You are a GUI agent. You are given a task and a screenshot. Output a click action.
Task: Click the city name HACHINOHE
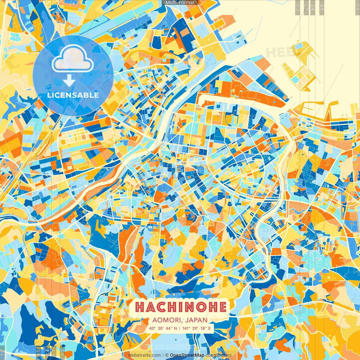pyautogui.click(x=181, y=307)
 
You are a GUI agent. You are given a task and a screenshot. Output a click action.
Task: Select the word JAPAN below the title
pyautogui.click(x=197, y=320)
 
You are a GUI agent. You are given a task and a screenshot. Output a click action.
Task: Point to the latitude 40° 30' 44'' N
pyautogui.click(x=163, y=328)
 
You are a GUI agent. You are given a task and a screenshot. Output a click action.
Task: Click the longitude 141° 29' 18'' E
pyautogui.click(x=197, y=328)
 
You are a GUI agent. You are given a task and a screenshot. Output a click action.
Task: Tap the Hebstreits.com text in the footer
pyautogui.click(x=145, y=355)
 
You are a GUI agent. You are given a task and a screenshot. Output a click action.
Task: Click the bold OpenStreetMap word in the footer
pyautogui.click(x=187, y=355)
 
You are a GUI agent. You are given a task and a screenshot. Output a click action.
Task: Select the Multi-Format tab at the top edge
pyautogui.click(x=180, y=3)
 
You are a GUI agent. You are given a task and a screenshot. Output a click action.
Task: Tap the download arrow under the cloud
pyautogui.click(x=69, y=81)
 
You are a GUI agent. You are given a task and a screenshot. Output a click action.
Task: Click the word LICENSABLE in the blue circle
pyautogui.click(x=73, y=95)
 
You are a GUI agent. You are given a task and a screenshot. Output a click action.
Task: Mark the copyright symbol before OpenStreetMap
pyautogui.click(x=166, y=355)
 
